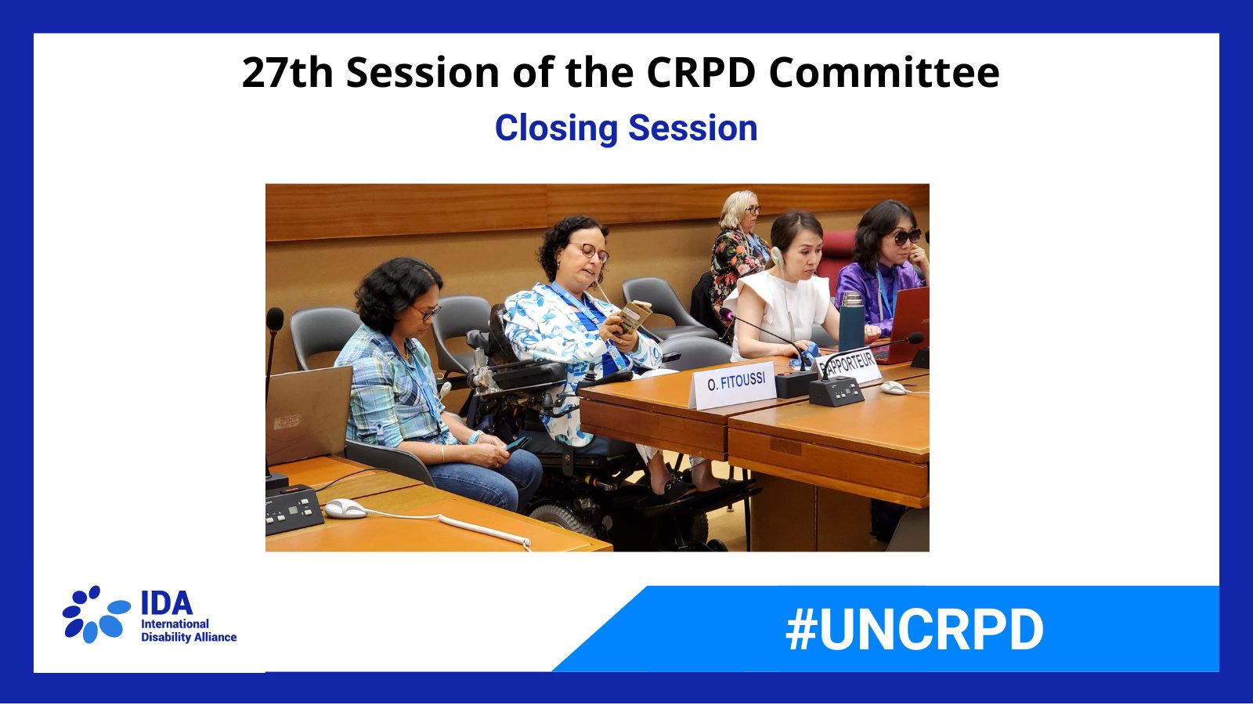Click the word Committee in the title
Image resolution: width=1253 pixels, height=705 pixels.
(883, 73)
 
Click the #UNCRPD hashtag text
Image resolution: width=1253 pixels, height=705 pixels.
(914, 630)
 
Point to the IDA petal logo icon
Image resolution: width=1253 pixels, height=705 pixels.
(96, 614)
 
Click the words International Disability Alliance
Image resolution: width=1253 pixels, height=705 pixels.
(188, 631)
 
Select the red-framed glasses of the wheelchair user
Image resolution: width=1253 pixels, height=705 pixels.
(591, 252)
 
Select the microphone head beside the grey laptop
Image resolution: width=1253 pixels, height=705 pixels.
(275, 319)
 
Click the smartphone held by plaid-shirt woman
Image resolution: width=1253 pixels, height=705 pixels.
(517, 443)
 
